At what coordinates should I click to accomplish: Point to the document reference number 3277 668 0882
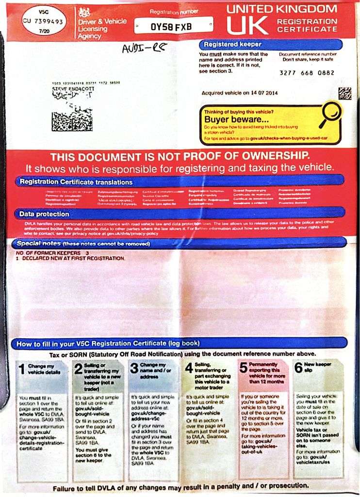(307, 73)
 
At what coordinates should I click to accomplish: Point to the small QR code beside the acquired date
(344, 93)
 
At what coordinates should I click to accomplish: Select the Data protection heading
(44, 214)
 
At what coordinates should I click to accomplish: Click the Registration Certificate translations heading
(76, 182)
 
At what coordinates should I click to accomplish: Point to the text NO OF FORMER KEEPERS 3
(52, 253)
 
